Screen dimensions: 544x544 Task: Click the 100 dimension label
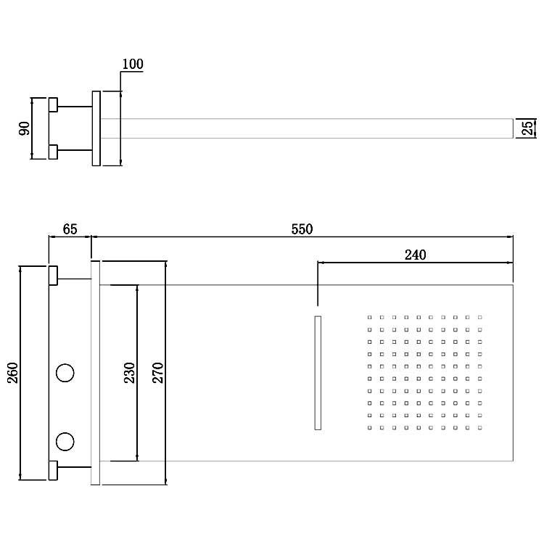coord(133,64)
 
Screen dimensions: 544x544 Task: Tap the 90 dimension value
coord(24,128)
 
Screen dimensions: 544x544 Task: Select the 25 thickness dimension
coord(527,128)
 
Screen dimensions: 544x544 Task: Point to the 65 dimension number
coord(70,229)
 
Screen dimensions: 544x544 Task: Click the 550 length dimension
coord(302,229)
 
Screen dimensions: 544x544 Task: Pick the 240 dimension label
coord(416,255)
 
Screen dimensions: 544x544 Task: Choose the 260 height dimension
coord(13,373)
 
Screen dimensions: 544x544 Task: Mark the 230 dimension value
coord(129,373)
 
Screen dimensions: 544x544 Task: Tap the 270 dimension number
coord(158,373)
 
